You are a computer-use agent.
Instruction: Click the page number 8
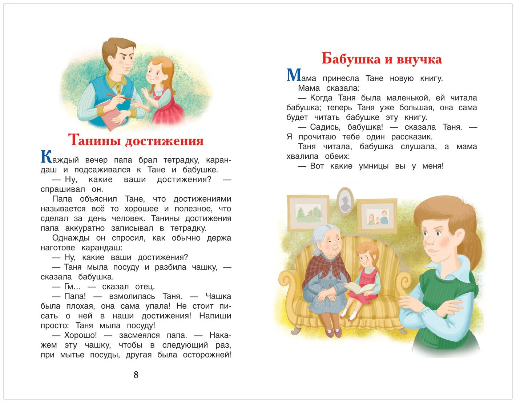pos(136,375)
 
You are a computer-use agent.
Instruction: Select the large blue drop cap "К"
pos(46,157)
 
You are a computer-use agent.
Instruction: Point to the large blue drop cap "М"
pos(294,75)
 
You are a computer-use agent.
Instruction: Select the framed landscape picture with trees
pos(308,213)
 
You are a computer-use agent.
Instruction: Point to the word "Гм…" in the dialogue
pos(72,287)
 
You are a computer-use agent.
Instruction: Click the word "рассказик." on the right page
pos(412,137)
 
